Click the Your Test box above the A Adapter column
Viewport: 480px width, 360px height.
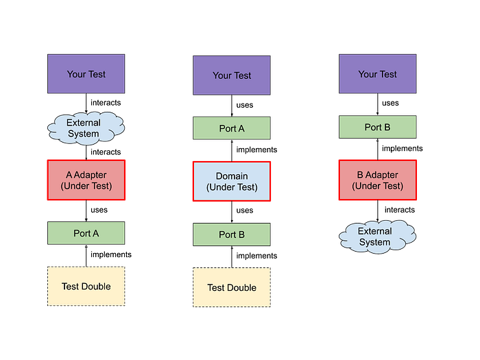(x=86, y=74)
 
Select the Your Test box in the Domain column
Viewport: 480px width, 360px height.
(x=232, y=75)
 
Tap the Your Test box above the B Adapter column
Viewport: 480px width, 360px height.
(x=377, y=74)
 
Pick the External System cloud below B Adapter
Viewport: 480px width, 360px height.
(x=374, y=237)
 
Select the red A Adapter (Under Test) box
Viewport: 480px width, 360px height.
(x=86, y=180)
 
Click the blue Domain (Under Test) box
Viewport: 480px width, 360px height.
(x=232, y=182)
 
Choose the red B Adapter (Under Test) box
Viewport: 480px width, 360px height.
(x=377, y=180)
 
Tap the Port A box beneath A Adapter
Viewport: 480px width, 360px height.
(x=86, y=233)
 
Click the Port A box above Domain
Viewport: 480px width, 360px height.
(x=232, y=128)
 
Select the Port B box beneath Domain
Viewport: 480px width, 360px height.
(x=232, y=235)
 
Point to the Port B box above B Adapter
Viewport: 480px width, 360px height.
(x=377, y=127)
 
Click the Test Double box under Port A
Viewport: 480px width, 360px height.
(x=86, y=286)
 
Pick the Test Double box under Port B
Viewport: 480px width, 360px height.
(x=232, y=287)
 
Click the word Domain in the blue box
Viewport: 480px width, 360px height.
(x=232, y=176)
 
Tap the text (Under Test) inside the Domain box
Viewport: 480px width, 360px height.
(x=232, y=187)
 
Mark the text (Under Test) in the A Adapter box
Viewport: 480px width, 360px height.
(x=86, y=186)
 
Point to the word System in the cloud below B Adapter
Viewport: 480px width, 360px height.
(x=374, y=242)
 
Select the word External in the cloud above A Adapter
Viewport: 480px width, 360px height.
(x=84, y=123)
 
